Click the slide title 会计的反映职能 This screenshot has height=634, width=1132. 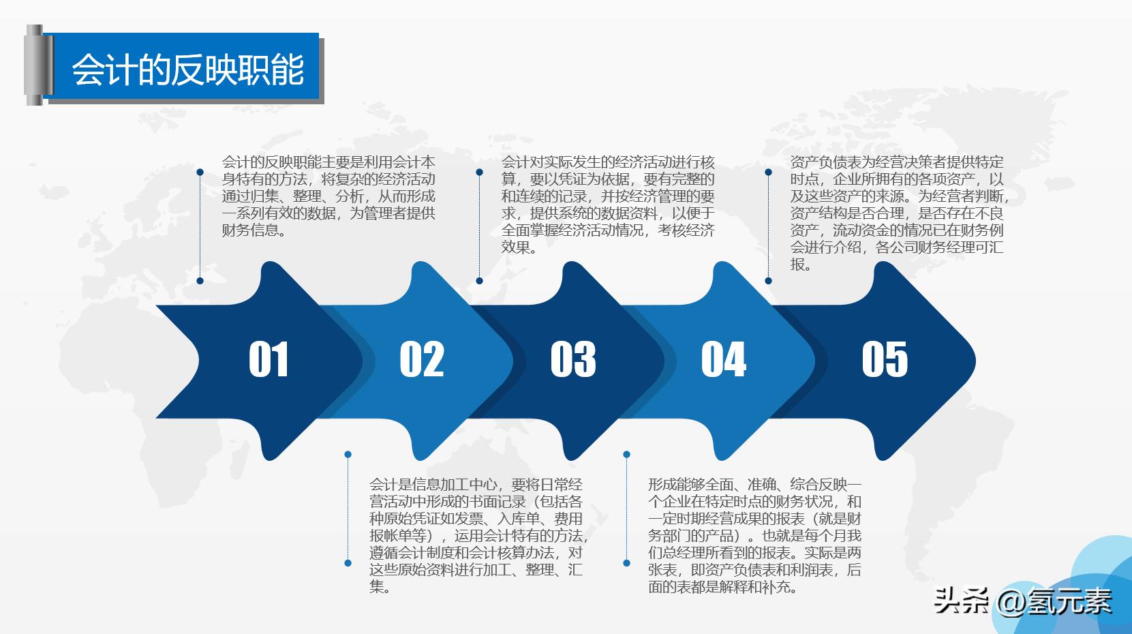187,69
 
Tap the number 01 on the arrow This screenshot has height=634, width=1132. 269,359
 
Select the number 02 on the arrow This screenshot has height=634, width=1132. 421,359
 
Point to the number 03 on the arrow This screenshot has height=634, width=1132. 573,359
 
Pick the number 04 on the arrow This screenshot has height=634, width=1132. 724,359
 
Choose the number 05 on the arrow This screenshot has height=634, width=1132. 885,359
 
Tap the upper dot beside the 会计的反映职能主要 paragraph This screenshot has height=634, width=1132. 200,172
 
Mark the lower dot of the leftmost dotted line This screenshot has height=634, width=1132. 200,280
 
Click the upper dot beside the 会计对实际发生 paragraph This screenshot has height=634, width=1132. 480,172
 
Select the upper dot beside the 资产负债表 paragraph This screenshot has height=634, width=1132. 768,172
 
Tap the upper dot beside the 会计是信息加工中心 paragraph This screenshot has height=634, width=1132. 348,455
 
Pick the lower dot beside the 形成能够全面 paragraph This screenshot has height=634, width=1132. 626,563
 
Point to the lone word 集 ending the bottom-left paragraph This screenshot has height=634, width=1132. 377,587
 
